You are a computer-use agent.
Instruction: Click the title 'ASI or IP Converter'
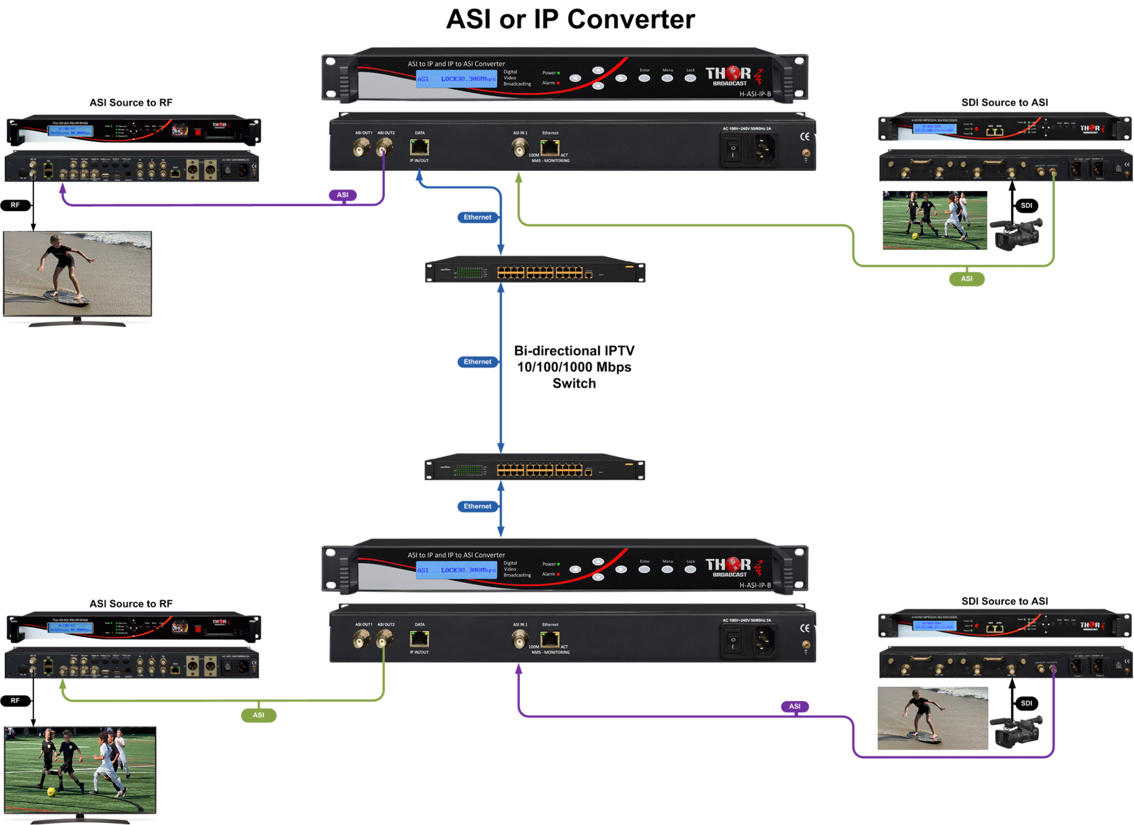[x=570, y=19]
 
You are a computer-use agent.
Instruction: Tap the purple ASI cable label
[x=342, y=195]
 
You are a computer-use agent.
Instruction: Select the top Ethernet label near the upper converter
[x=477, y=217]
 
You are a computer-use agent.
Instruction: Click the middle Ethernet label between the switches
[x=477, y=362]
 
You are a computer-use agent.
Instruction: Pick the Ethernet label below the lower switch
[x=477, y=506]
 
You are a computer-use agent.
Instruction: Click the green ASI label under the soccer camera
[x=966, y=279]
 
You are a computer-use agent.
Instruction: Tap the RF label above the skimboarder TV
[x=15, y=205]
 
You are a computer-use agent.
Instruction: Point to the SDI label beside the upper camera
[x=1026, y=206]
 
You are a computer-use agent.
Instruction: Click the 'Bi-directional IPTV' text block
[x=574, y=367]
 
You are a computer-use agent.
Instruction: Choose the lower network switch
[x=535, y=468]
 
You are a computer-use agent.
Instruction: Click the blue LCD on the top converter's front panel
[x=456, y=79]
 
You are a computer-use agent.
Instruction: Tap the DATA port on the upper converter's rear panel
[x=419, y=147]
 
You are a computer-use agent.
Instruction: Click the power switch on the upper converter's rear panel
[x=733, y=149]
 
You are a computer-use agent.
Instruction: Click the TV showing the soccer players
[x=80, y=771]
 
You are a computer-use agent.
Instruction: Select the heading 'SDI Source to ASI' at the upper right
[x=1004, y=103]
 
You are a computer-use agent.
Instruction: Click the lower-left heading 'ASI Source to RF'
[x=131, y=603]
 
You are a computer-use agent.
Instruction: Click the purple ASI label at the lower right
[x=794, y=706]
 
